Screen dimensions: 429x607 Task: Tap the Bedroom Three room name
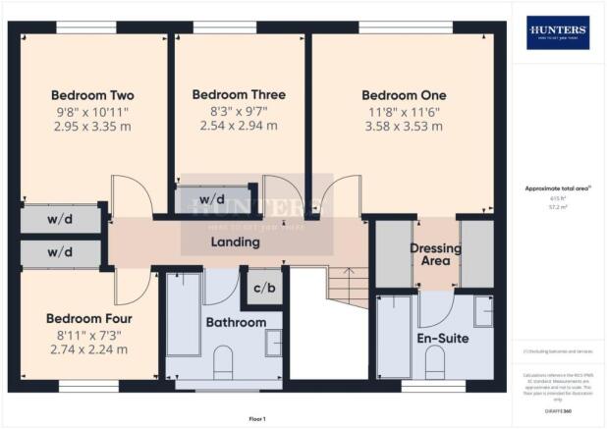(x=239, y=95)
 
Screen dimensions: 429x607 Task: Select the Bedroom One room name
(x=404, y=95)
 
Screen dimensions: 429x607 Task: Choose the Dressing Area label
(x=435, y=255)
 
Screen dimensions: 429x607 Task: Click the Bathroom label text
(x=235, y=322)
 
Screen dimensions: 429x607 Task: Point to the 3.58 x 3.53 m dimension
(x=404, y=127)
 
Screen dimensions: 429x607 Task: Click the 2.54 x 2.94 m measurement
(x=239, y=127)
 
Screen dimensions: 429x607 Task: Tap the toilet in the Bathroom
(x=223, y=360)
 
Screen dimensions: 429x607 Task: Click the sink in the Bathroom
(x=272, y=342)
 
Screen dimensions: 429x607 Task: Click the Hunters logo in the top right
(x=558, y=32)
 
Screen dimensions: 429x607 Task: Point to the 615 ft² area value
(x=557, y=197)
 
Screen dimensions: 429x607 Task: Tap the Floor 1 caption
(x=257, y=419)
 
